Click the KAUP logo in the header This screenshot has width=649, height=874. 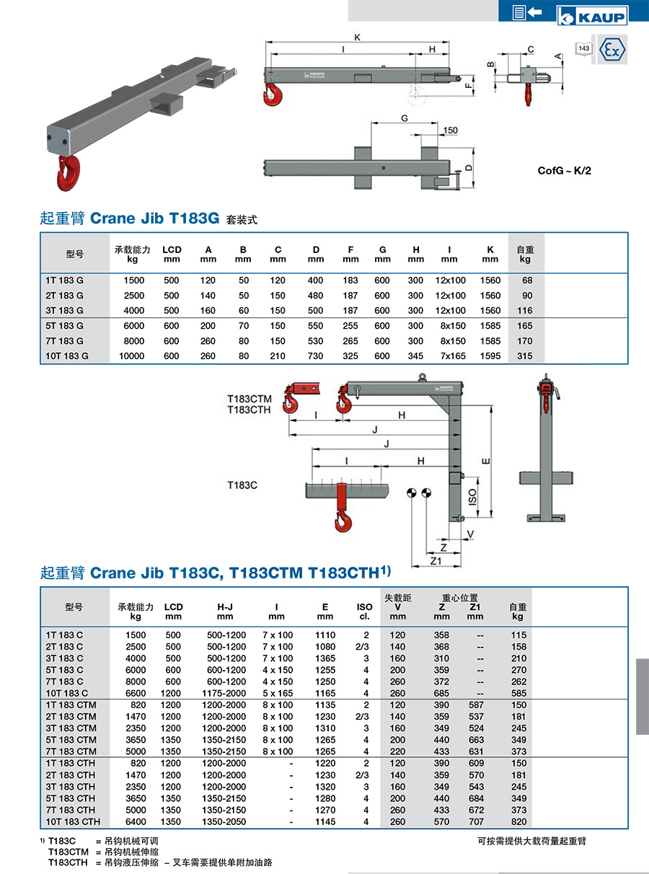coord(592,16)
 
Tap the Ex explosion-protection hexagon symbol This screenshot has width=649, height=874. coord(612,50)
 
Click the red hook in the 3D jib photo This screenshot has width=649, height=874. coord(69,172)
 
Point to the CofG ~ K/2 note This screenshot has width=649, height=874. coord(565,171)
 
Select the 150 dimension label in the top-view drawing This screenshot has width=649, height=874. coord(450,131)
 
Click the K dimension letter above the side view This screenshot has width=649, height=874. coord(358,37)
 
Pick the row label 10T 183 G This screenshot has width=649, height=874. coord(67,356)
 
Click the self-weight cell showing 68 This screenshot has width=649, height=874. coord(527,281)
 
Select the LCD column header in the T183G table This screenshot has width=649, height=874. coord(172,254)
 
